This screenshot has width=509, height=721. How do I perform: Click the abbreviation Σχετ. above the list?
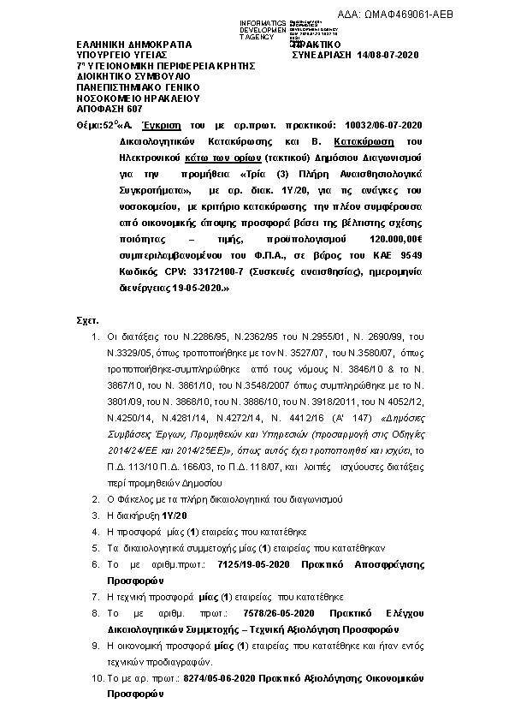coord(88,319)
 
